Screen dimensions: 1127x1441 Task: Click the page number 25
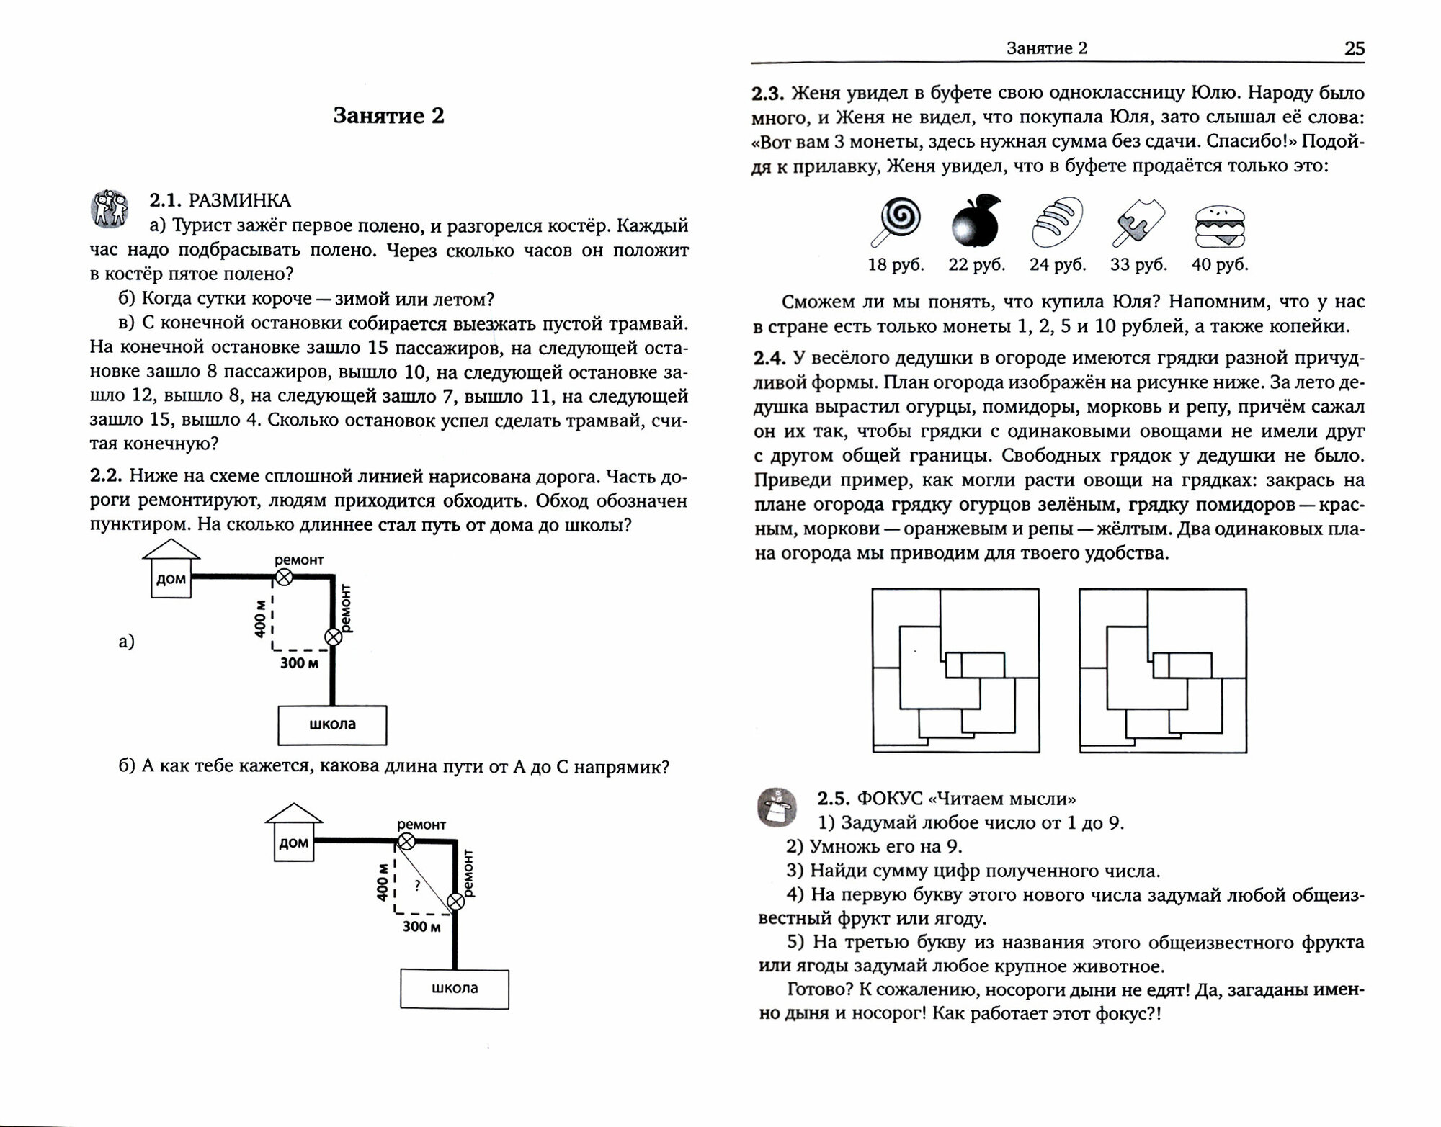1354,48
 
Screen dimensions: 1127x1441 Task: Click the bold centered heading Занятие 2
388,116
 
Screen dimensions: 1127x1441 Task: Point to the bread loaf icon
1057,221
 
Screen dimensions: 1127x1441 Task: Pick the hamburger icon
1220,227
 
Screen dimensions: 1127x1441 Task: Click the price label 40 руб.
1219,265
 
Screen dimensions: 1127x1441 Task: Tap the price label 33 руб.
1138,265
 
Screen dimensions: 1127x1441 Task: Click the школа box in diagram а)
332,724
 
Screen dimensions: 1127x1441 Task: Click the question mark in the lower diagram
416,885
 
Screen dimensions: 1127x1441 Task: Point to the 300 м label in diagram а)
299,663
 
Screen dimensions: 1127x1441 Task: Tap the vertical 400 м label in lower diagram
383,882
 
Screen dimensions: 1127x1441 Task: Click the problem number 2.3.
767,94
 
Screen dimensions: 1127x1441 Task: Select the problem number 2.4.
769,358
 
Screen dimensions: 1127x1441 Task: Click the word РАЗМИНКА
239,201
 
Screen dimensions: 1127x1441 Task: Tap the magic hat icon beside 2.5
777,807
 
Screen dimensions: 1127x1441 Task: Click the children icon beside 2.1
109,208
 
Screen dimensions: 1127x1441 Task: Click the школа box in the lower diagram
455,989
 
